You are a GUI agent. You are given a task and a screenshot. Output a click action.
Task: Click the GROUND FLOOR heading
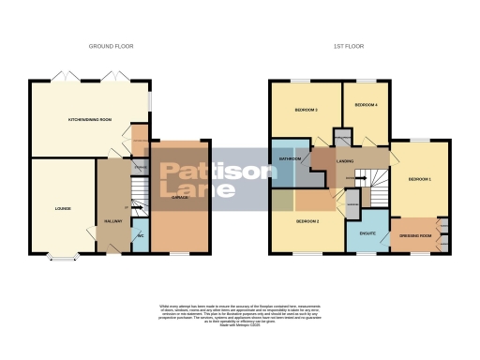[x=112, y=46]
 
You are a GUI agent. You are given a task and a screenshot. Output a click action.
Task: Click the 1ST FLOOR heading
[x=349, y=46]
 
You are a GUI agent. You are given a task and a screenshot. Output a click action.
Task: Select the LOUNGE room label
[x=62, y=208]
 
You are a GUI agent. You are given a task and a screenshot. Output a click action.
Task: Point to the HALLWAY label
[x=109, y=221]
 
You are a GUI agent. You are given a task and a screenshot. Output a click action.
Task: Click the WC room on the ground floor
[x=138, y=237]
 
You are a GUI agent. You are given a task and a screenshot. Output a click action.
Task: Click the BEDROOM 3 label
[x=306, y=110]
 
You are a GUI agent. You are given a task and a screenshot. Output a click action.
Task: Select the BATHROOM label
[x=289, y=158]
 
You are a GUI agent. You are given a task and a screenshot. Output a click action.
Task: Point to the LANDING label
[x=345, y=161]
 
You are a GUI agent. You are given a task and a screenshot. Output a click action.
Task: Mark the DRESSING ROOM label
[x=419, y=235]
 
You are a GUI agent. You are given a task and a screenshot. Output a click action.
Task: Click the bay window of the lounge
[x=62, y=256]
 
